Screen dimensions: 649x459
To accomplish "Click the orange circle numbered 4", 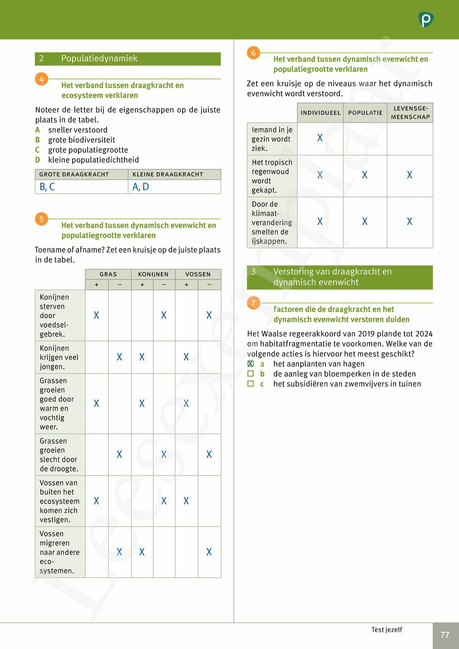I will pos(41,79).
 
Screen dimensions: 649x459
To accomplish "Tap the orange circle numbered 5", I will pos(41,219).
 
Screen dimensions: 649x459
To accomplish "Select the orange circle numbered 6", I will pos(253,53).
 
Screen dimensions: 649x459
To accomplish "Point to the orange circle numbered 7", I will pos(253,303).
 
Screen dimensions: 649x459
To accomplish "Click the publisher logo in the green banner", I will pos(426,20).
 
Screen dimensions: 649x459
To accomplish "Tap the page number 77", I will pos(445,635).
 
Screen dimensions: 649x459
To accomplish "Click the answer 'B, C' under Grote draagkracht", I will pos(47,187).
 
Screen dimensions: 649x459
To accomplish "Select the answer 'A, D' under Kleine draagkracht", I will pos(140,187).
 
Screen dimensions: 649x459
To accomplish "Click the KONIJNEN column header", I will pos(153,274).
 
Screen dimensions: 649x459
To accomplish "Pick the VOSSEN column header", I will pos(198,274).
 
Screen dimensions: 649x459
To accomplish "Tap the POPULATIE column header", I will pos(365,112).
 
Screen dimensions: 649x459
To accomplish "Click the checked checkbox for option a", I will pos(251,364).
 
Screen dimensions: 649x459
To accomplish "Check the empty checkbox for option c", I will pos(251,384).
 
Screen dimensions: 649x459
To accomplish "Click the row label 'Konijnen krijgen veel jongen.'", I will pos(59,357).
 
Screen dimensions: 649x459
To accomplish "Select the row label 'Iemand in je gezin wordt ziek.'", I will pos(272,139).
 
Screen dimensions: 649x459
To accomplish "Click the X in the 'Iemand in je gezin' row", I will pos(320,138).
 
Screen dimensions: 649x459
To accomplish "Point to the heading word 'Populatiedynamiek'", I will pos(99,58).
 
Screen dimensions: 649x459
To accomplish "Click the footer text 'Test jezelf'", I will pos(386,630).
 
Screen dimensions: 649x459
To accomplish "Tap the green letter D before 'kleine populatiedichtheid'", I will pos(38,160).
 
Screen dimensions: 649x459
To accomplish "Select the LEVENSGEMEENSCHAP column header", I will pos(410,112).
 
